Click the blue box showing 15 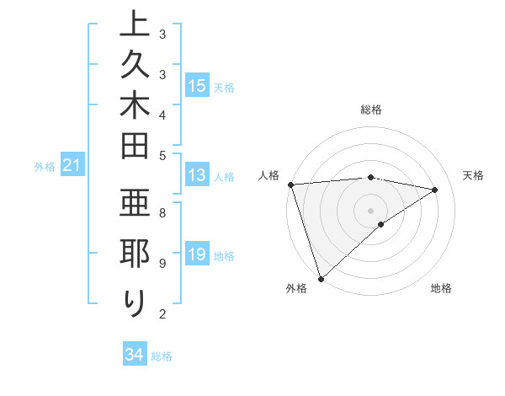(197, 86)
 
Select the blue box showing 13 (197, 175)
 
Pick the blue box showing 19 (197, 254)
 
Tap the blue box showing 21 (72, 166)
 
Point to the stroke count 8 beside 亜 (162, 212)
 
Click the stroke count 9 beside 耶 (162, 263)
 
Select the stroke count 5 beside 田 (162, 154)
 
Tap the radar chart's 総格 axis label (371, 110)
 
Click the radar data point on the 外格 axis (321, 278)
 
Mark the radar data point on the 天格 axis (435, 190)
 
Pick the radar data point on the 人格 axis (290, 184)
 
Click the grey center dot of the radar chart (371, 210)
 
